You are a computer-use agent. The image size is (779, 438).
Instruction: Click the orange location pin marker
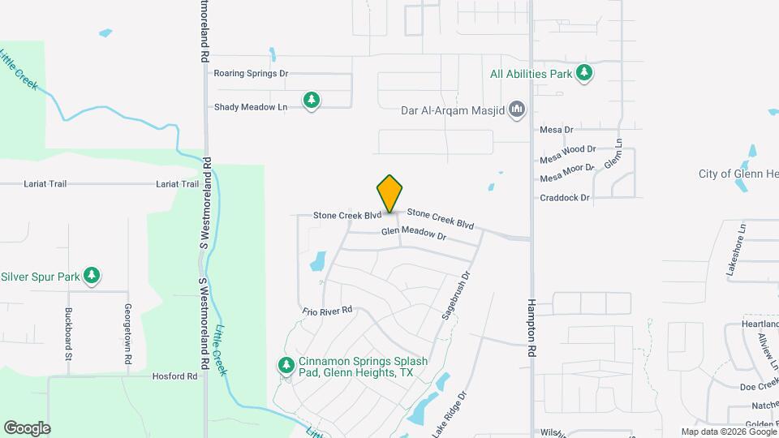[389, 193]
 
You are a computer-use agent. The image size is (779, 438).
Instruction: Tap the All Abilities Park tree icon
[584, 74]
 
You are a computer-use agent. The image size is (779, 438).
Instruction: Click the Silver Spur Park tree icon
[93, 277]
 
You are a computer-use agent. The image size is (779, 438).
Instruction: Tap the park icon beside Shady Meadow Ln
[312, 101]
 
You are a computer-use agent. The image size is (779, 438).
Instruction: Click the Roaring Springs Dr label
[251, 73]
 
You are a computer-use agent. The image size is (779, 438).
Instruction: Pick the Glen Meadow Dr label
[414, 234]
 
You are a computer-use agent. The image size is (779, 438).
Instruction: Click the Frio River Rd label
[327, 311]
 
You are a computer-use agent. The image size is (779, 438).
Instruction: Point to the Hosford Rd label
[174, 376]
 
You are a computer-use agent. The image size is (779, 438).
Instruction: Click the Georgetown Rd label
[127, 333]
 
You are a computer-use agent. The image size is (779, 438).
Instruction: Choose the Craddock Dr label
[566, 197]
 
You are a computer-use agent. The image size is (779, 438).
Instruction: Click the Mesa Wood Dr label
[568, 149]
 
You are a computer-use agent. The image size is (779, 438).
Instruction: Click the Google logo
[27, 428]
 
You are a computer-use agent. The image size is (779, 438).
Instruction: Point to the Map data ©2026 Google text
[728, 432]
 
